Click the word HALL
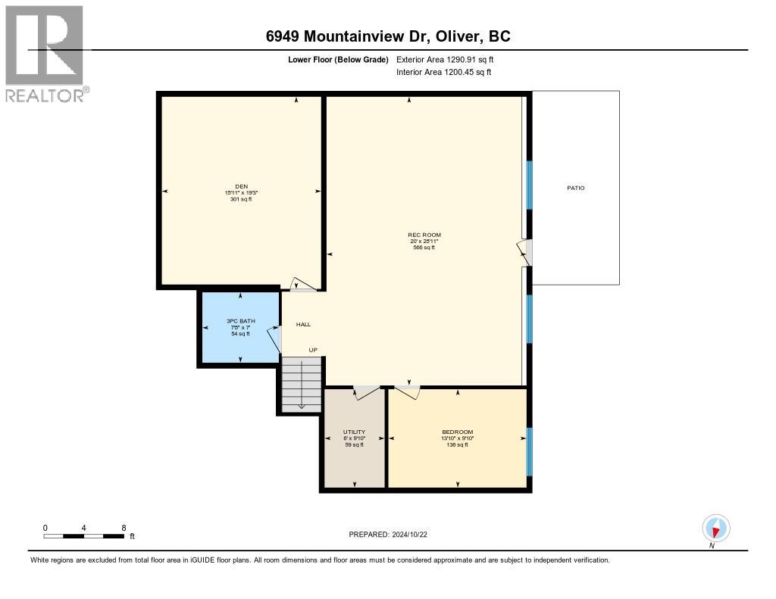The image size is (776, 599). (303, 324)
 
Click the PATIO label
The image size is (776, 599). (576, 188)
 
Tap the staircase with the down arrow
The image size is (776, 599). (302, 385)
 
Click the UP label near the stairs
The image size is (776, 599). (312, 350)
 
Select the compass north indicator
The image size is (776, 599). (715, 528)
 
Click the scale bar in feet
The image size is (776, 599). (83, 536)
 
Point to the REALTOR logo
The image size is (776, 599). (45, 53)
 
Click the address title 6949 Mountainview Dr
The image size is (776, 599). (387, 36)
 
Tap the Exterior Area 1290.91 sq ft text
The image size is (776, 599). (445, 59)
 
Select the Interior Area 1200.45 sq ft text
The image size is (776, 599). (443, 72)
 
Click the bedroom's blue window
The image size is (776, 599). (529, 451)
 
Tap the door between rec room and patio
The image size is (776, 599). (526, 252)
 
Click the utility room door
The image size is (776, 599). (366, 392)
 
